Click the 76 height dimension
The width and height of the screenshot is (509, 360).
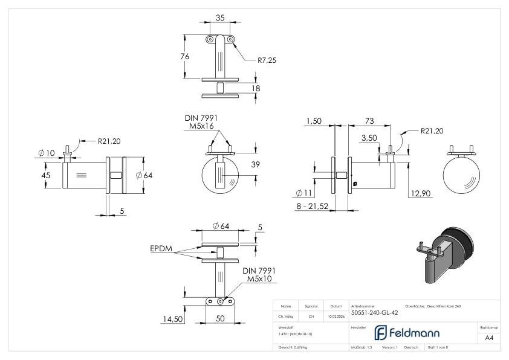click(x=186, y=56)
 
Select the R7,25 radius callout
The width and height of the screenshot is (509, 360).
click(x=267, y=60)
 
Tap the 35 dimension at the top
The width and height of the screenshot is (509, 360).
click(x=220, y=18)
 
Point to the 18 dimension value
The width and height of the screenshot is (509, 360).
click(x=255, y=88)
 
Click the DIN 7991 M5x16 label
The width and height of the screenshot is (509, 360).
click(x=201, y=122)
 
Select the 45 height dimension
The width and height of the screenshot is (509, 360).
click(x=45, y=176)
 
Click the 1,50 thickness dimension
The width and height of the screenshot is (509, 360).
click(x=314, y=121)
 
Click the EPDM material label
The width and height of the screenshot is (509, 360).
click(x=162, y=248)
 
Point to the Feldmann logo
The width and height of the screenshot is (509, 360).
click(x=406, y=333)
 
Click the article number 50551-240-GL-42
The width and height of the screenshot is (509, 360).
click(x=374, y=313)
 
